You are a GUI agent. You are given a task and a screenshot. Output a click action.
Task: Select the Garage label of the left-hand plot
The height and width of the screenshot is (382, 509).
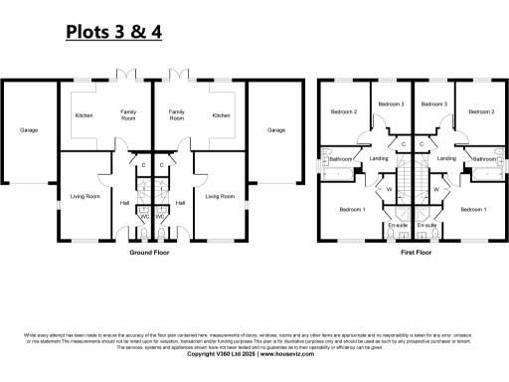tap(29, 129)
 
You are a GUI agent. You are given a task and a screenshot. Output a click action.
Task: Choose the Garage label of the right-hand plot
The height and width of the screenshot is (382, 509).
tap(276, 129)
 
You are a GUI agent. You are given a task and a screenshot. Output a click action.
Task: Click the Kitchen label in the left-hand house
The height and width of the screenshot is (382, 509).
tap(85, 115)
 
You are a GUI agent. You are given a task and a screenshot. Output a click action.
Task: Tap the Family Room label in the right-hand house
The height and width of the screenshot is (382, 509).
tap(177, 115)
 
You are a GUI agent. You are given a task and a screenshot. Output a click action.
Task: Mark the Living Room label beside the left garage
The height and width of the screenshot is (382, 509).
tap(85, 196)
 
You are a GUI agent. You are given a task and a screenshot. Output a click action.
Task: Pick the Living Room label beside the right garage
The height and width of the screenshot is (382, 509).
tap(220, 196)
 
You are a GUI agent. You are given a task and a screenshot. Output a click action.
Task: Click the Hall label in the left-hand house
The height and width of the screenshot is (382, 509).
tap(124, 203)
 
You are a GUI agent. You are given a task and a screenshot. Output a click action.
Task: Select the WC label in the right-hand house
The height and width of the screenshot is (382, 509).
tap(160, 216)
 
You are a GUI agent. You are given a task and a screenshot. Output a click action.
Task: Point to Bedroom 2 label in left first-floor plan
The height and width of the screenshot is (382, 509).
tap(343, 111)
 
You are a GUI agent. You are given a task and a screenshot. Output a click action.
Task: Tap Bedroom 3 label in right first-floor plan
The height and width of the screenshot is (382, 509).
tap(430, 103)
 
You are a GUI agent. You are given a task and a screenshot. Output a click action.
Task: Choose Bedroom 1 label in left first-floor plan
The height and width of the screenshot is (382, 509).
tap(352, 209)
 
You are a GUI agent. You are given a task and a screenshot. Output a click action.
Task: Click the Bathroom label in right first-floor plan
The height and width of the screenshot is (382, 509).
tap(484, 159)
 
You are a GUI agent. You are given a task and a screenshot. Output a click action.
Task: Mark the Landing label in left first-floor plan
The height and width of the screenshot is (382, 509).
tap(378, 159)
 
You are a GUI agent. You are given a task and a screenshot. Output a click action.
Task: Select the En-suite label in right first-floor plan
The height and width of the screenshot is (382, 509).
tap(427, 226)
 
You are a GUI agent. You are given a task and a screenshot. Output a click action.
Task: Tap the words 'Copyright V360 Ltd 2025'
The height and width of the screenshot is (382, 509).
tap(221, 354)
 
